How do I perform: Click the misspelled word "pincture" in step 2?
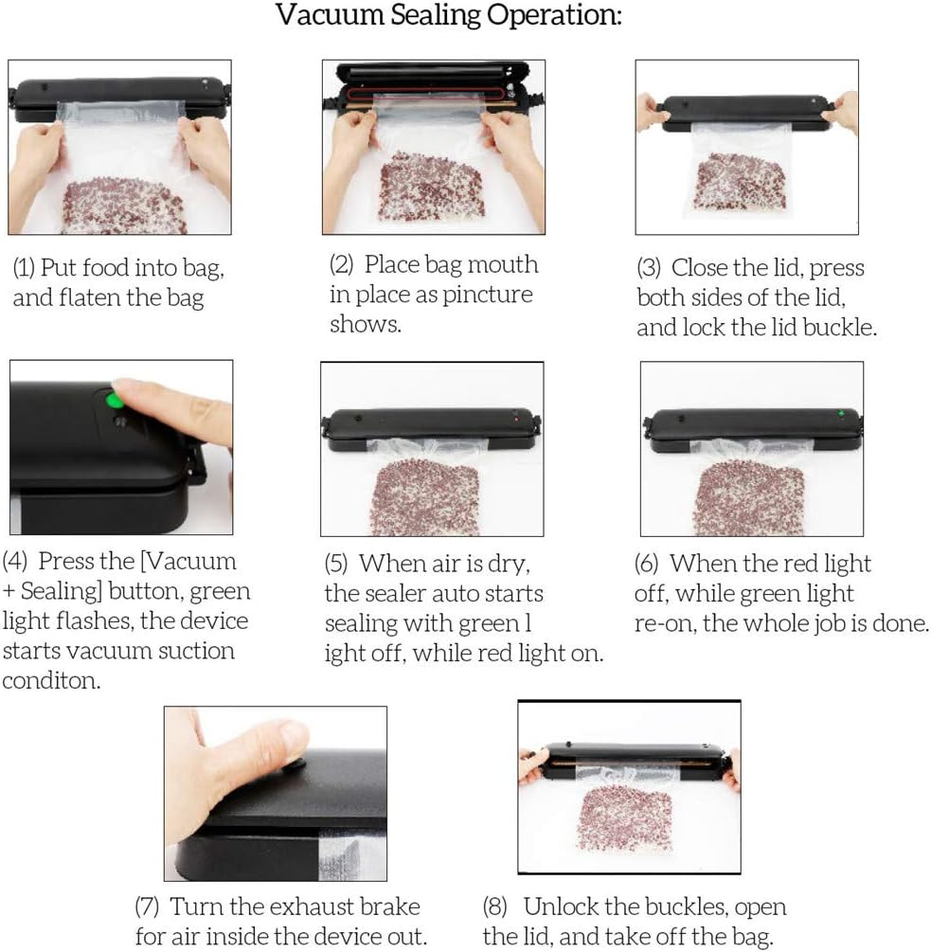point(483,295)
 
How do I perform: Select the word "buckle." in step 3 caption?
point(844,328)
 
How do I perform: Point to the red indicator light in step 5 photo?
point(515,416)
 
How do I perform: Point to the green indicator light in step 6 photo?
point(840,413)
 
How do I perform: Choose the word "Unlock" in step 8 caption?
point(562,907)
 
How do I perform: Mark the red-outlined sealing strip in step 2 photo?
point(426,96)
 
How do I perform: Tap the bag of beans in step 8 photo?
point(624,815)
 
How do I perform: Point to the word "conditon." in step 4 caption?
point(50,681)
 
